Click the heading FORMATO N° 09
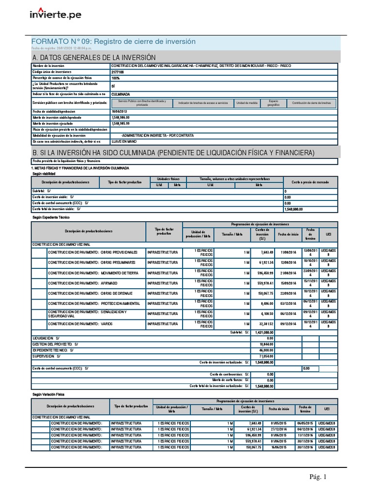113,41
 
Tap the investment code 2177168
118,71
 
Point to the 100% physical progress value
115,78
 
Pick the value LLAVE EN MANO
124,141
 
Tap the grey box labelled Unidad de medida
247,103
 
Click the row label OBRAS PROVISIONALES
92,252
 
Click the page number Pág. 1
318,477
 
